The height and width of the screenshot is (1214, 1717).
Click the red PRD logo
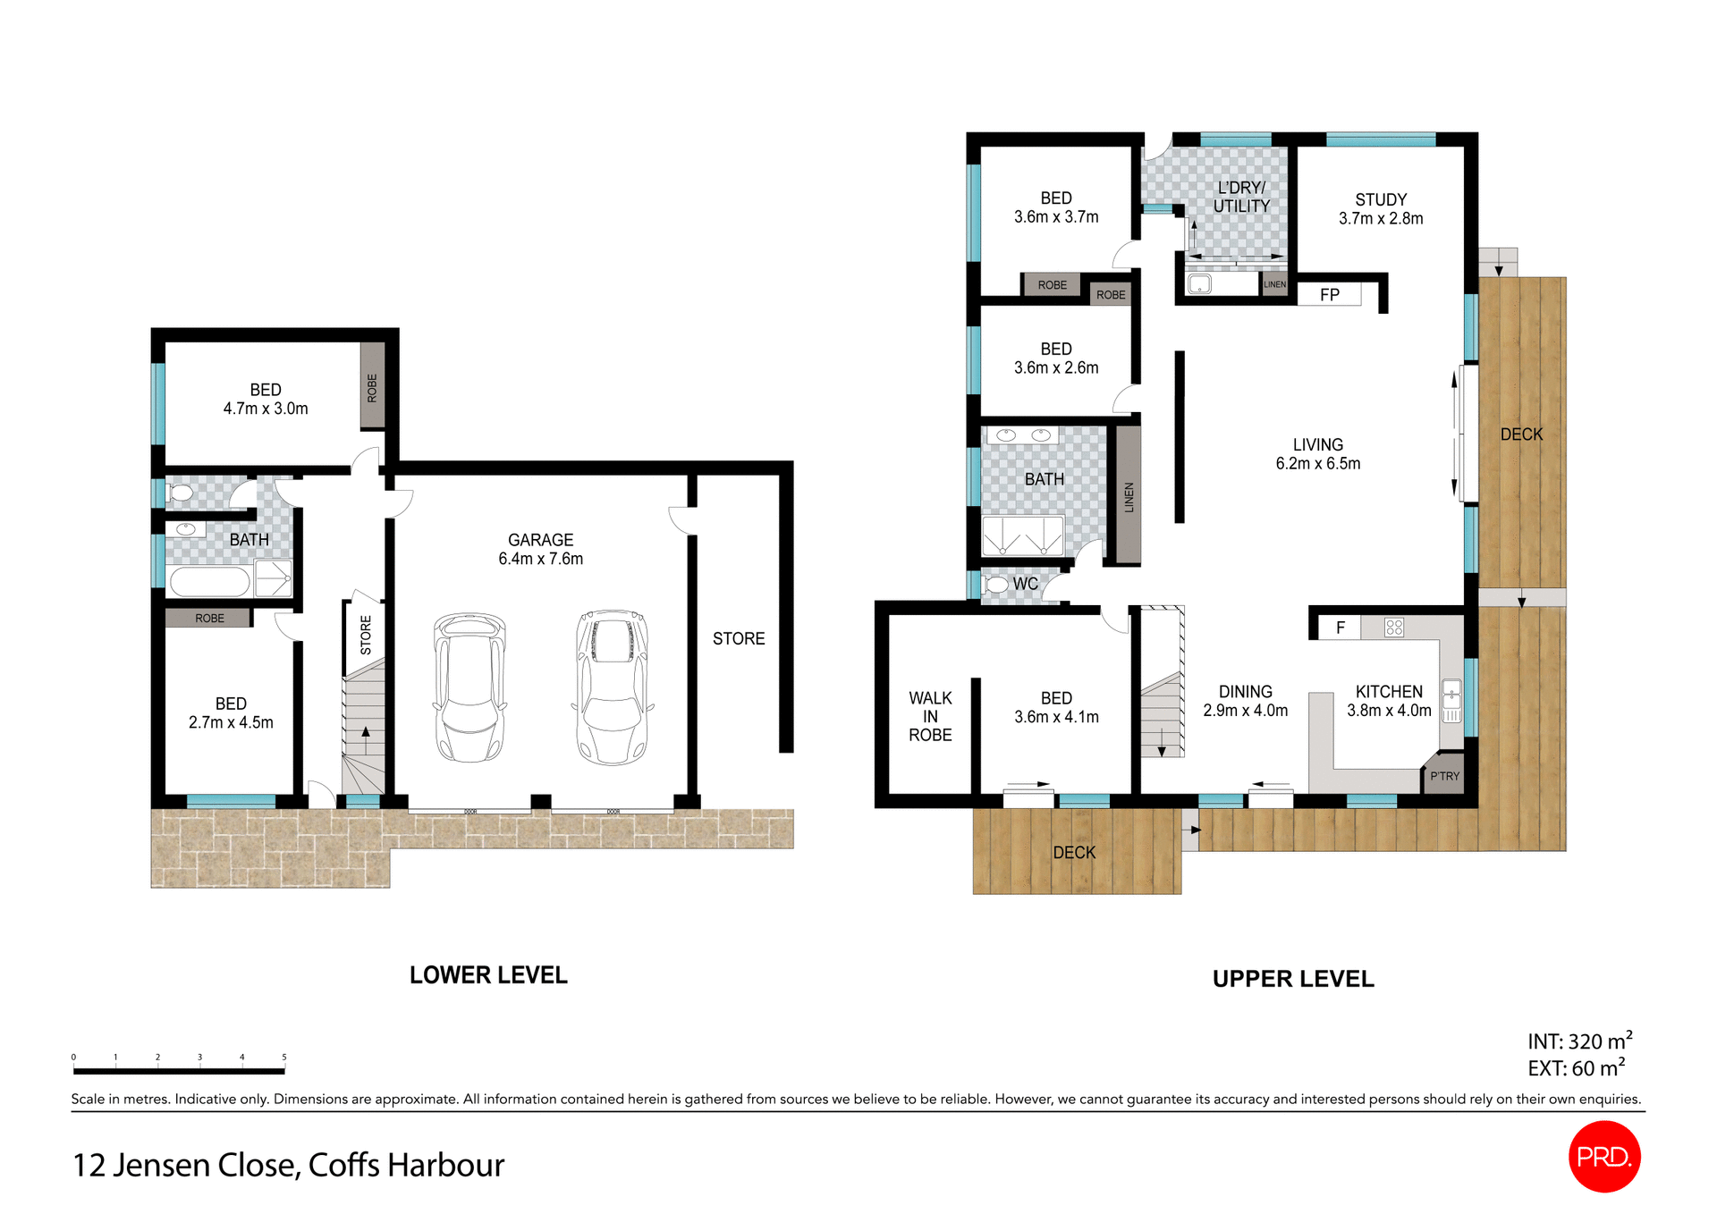pyautogui.click(x=1604, y=1156)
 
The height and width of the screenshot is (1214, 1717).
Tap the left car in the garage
pyautogui.click(x=469, y=687)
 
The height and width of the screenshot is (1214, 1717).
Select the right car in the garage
pyautogui.click(x=613, y=687)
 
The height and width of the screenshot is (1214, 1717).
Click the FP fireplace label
pyautogui.click(x=1330, y=295)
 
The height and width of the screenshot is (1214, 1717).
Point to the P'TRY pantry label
pyautogui.click(x=1444, y=776)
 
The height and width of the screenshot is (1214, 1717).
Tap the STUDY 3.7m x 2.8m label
pyautogui.click(x=1381, y=209)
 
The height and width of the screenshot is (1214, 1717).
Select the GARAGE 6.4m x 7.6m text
pyautogui.click(x=540, y=549)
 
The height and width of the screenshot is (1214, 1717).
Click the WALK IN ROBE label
pyautogui.click(x=930, y=716)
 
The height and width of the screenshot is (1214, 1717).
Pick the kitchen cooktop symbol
pyautogui.click(x=1394, y=628)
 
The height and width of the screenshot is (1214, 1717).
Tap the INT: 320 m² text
pyautogui.click(x=1579, y=1041)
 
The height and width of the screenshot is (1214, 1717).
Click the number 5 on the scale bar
pyautogui.click(x=284, y=1057)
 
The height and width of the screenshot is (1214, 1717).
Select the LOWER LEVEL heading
pyautogui.click(x=488, y=975)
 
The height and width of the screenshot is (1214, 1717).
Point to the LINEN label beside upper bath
pyautogui.click(x=1129, y=497)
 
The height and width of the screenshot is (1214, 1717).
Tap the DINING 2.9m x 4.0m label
pyautogui.click(x=1245, y=701)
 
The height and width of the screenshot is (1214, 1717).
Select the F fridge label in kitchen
pyautogui.click(x=1341, y=628)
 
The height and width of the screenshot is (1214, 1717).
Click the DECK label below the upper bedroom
pyautogui.click(x=1074, y=853)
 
